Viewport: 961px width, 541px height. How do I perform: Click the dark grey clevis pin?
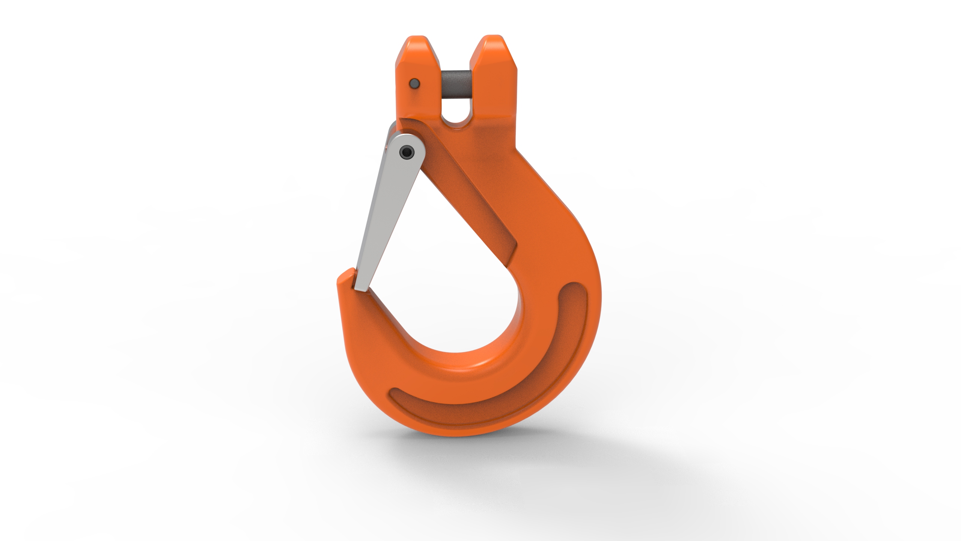pyautogui.click(x=455, y=85)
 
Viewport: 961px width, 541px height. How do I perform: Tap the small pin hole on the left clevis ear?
pyautogui.click(x=414, y=82)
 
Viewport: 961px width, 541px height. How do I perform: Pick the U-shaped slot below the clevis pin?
pyautogui.click(x=455, y=113)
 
